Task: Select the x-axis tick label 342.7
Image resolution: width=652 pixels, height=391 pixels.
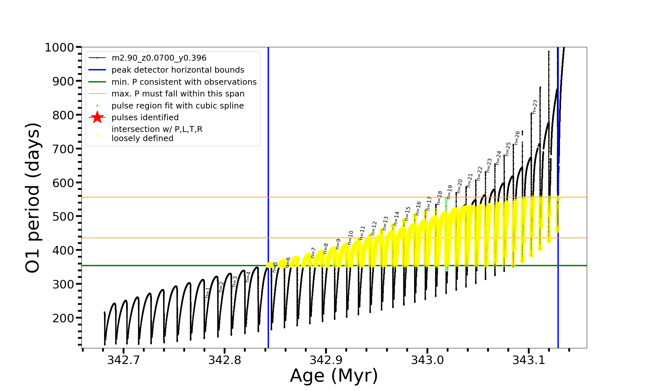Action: [123, 360]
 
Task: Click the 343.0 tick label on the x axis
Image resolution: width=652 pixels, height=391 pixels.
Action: [427, 360]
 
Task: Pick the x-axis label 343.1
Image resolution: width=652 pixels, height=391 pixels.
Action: [528, 360]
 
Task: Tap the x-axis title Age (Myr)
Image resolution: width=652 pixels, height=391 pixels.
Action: [334, 375]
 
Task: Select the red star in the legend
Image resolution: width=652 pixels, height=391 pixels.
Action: [97, 117]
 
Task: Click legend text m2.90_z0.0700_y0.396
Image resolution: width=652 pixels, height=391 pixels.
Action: [159, 58]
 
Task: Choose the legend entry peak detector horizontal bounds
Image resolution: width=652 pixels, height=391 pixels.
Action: [178, 70]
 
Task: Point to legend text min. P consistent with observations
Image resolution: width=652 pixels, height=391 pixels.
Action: [184, 82]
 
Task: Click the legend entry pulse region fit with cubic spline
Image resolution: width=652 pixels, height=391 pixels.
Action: [178, 106]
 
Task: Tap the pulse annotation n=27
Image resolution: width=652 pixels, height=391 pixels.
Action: [535, 107]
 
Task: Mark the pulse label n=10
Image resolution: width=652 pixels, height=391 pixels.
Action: [350, 238]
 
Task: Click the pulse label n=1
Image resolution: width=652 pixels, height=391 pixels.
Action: [208, 293]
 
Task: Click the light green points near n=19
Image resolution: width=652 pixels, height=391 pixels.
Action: [446, 202]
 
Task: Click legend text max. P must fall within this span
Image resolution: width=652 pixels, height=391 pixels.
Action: [178, 94]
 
